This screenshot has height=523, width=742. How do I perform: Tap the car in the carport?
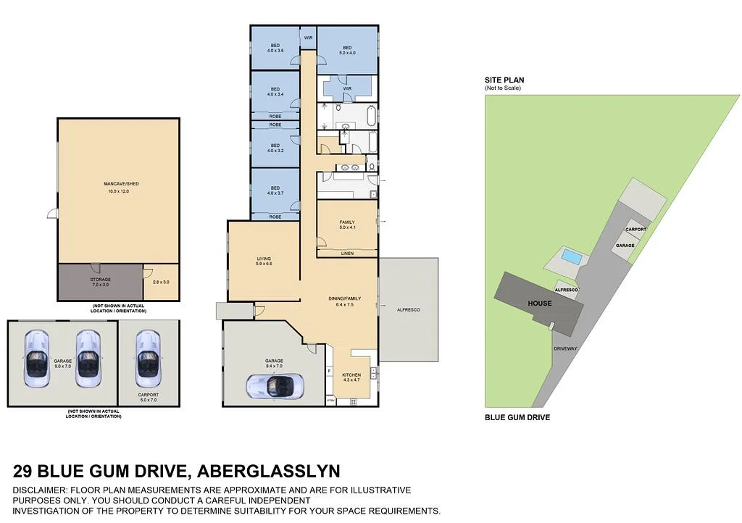(147, 360)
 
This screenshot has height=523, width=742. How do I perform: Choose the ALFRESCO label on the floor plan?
(409, 310)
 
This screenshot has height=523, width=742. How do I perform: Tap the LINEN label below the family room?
(347, 254)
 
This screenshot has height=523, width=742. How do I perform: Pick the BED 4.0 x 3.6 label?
(275, 48)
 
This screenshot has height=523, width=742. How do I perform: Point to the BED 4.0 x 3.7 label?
(275, 191)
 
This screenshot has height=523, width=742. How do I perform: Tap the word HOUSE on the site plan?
(539, 303)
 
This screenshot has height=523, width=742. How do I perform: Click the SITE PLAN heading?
(505, 80)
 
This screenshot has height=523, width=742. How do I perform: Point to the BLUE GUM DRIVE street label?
(517, 417)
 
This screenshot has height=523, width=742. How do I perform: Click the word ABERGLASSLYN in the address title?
(268, 472)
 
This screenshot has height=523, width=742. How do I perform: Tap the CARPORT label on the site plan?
(635, 229)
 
